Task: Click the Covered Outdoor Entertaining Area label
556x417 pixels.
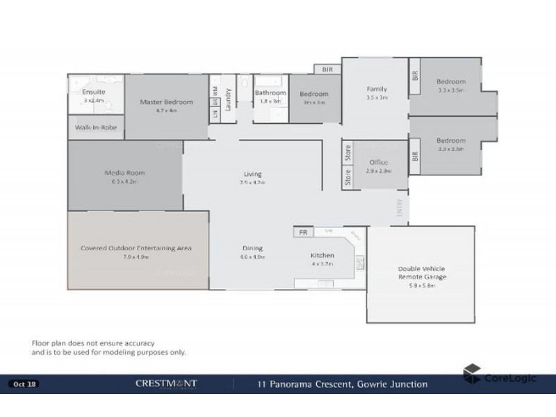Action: (136, 248)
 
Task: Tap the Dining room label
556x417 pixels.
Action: (253, 248)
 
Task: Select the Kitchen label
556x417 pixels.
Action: (322, 255)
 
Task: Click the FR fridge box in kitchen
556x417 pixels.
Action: (303, 233)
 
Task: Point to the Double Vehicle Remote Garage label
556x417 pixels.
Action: (422, 272)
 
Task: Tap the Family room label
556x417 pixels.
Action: (377, 89)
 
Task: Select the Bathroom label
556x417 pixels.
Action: (270, 92)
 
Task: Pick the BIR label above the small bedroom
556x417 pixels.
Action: (327, 69)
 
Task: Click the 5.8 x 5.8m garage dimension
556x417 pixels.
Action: (422, 286)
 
